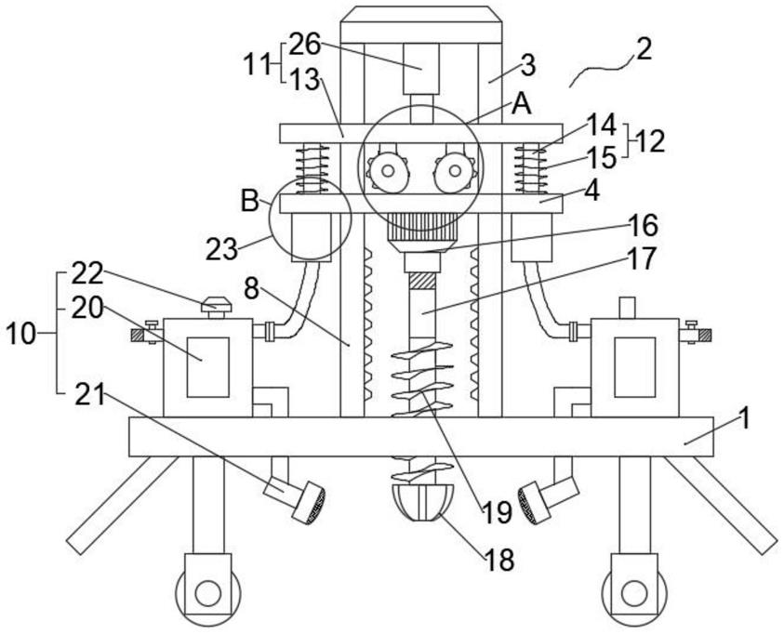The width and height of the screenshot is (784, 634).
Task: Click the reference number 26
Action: [x=304, y=43]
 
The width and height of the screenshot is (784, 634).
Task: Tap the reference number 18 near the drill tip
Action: [x=498, y=560]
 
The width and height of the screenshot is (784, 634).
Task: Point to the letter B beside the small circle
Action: [x=249, y=200]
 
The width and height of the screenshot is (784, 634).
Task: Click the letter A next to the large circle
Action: [x=521, y=104]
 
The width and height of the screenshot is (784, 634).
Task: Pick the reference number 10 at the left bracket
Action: [x=20, y=334]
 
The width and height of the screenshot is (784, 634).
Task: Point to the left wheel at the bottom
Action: [x=206, y=591]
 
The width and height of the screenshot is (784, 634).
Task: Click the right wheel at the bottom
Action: [x=634, y=591]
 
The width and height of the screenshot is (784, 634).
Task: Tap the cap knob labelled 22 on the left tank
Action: [x=217, y=304]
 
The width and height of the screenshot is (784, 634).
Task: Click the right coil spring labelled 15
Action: [x=533, y=169]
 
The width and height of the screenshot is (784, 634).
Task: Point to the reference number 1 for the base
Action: [x=743, y=417]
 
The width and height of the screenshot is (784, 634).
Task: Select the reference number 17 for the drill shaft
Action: [x=641, y=258]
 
